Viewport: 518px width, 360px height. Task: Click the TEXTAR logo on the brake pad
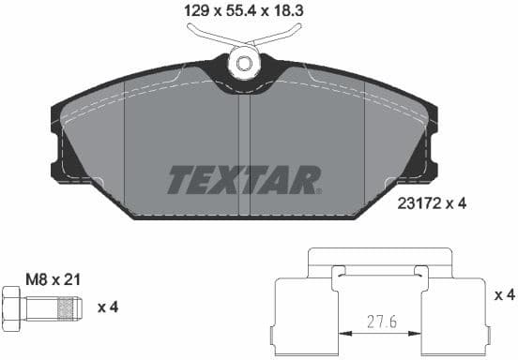pos(244,179)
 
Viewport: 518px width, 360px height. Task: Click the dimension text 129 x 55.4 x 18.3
pos(246,11)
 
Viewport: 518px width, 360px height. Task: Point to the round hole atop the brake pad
pos(245,63)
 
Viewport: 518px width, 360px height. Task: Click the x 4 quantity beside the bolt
pos(107,306)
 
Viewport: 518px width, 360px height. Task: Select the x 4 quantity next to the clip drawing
pos(505,294)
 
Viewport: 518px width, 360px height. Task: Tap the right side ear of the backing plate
pos(431,150)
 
